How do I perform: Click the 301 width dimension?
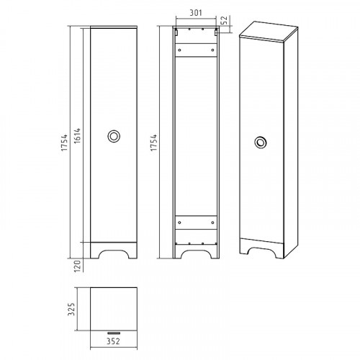(196, 12)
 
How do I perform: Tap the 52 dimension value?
(224, 20)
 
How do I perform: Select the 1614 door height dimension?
(77, 136)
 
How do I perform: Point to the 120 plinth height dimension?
(77, 266)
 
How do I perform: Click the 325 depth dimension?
(71, 309)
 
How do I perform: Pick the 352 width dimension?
(113, 341)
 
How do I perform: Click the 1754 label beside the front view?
(64, 143)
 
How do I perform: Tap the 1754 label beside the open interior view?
(153, 143)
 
